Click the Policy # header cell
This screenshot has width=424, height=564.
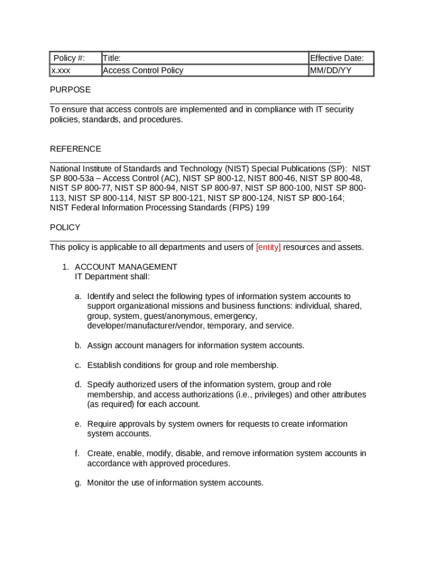tap(69, 58)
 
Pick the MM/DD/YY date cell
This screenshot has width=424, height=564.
tap(331, 70)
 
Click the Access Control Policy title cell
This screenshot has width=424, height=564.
tap(143, 70)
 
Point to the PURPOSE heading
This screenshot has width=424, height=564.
tap(70, 90)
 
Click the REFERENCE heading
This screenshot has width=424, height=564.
tap(75, 149)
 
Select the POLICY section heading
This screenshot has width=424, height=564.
tap(65, 227)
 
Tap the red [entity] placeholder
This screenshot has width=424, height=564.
tap(268, 247)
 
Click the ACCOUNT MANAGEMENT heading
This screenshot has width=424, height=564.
tap(126, 267)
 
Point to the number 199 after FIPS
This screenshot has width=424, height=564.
tap(262, 208)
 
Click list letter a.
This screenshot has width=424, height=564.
tap(78, 296)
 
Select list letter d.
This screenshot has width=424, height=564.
tap(78, 384)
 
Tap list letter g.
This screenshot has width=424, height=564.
tap(78, 483)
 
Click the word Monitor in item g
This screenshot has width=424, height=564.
tap(101, 483)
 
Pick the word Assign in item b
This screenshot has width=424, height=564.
tap(99, 345)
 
